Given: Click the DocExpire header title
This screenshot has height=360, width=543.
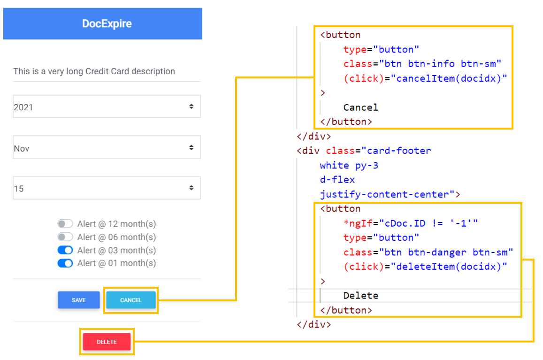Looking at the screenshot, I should click(x=107, y=24).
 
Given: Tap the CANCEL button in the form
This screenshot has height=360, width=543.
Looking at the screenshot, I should click(x=131, y=300).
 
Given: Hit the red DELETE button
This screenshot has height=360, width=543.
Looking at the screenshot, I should click(x=107, y=342).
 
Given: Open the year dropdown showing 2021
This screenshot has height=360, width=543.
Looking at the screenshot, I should click(x=107, y=107).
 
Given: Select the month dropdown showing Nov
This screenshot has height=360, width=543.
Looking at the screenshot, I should click(x=107, y=148).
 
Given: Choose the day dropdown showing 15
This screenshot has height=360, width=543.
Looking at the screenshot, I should click(x=107, y=189).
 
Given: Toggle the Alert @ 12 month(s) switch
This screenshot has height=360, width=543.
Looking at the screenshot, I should click(x=65, y=224).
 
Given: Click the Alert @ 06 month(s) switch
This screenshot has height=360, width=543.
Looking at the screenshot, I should click(x=65, y=237).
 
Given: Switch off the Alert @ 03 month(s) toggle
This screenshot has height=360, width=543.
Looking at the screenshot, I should click(x=65, y=250).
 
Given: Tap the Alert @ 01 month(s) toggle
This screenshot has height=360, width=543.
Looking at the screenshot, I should click(x=65, y=263).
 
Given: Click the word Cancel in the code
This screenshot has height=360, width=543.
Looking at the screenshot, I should click(x=360, y=107).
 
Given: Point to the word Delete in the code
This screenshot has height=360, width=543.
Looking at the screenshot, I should click(x=360, y=296).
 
